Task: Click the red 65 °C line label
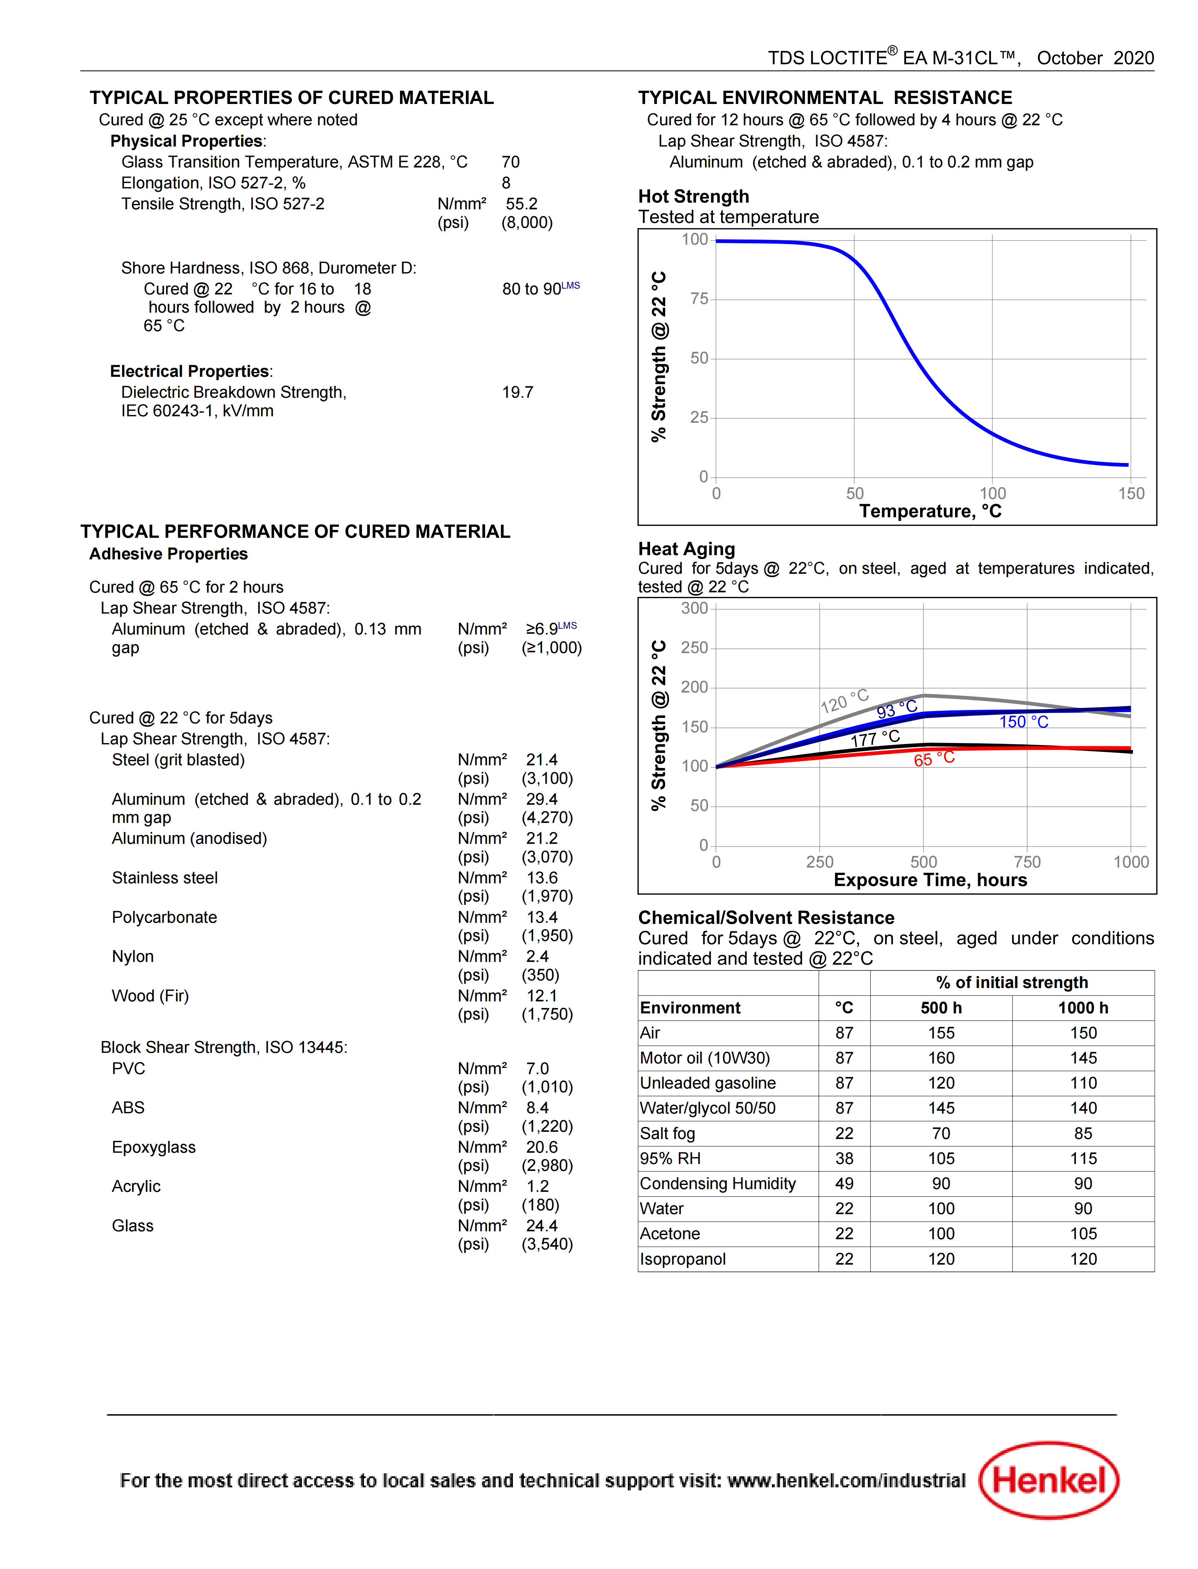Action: pyautogui.click(x=934, y=759)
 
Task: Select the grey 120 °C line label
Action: pyautogui.click(x=844, y=701)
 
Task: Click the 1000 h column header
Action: pyautogui.click(x=1083, y=1008)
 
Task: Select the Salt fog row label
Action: pyautogui.click(x=668, y=1133)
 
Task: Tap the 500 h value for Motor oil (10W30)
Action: pyautogui.click(x=941, y=1058)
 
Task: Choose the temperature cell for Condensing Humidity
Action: pyautogui.click(x=844, y=1183)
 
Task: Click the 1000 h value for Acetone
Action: pyautogui.click(x=1083, y=1233)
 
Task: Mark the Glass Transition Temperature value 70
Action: pyautogui.click(x=510, y=162)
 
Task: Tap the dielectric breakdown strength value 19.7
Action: pyautogui.click(x=518, y=392)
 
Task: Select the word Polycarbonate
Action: pyautogui.click(x=165, y=917)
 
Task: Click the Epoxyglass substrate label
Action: pyautogui.click(x=154, y=1147)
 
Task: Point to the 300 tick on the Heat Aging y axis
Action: pyautogui.click(x=695, y=608)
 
